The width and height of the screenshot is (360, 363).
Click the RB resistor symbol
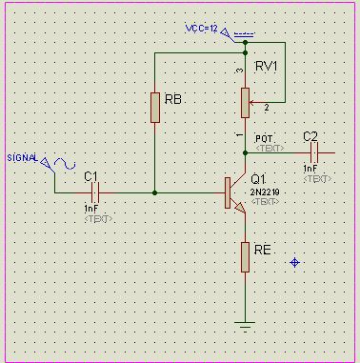pyautogui.click(x=154, y=108)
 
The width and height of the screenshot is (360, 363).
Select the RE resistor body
pyautogui.click(x=245, y=256)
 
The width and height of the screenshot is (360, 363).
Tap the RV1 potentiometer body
pyautogui.click(x=245, y=98)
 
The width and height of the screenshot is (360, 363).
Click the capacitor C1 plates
pyautogui.click(x=92, y=192)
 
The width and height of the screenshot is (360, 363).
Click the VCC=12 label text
pyautogui.click(x=206, y=30)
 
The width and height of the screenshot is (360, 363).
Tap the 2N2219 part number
pyautogui.click(x=264, y=192)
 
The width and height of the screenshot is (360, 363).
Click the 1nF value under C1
pyautogui.click(x=91, y=208)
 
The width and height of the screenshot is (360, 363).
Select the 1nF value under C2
pyautogui.click(x=310, y=168)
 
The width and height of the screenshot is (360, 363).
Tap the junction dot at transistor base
pyautogui.click(x=154, y=192)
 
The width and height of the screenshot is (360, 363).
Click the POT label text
pyautogui.click(x=264, y=138)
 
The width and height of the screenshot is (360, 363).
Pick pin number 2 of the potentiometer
pyautogui.click(x=267, y=106)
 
